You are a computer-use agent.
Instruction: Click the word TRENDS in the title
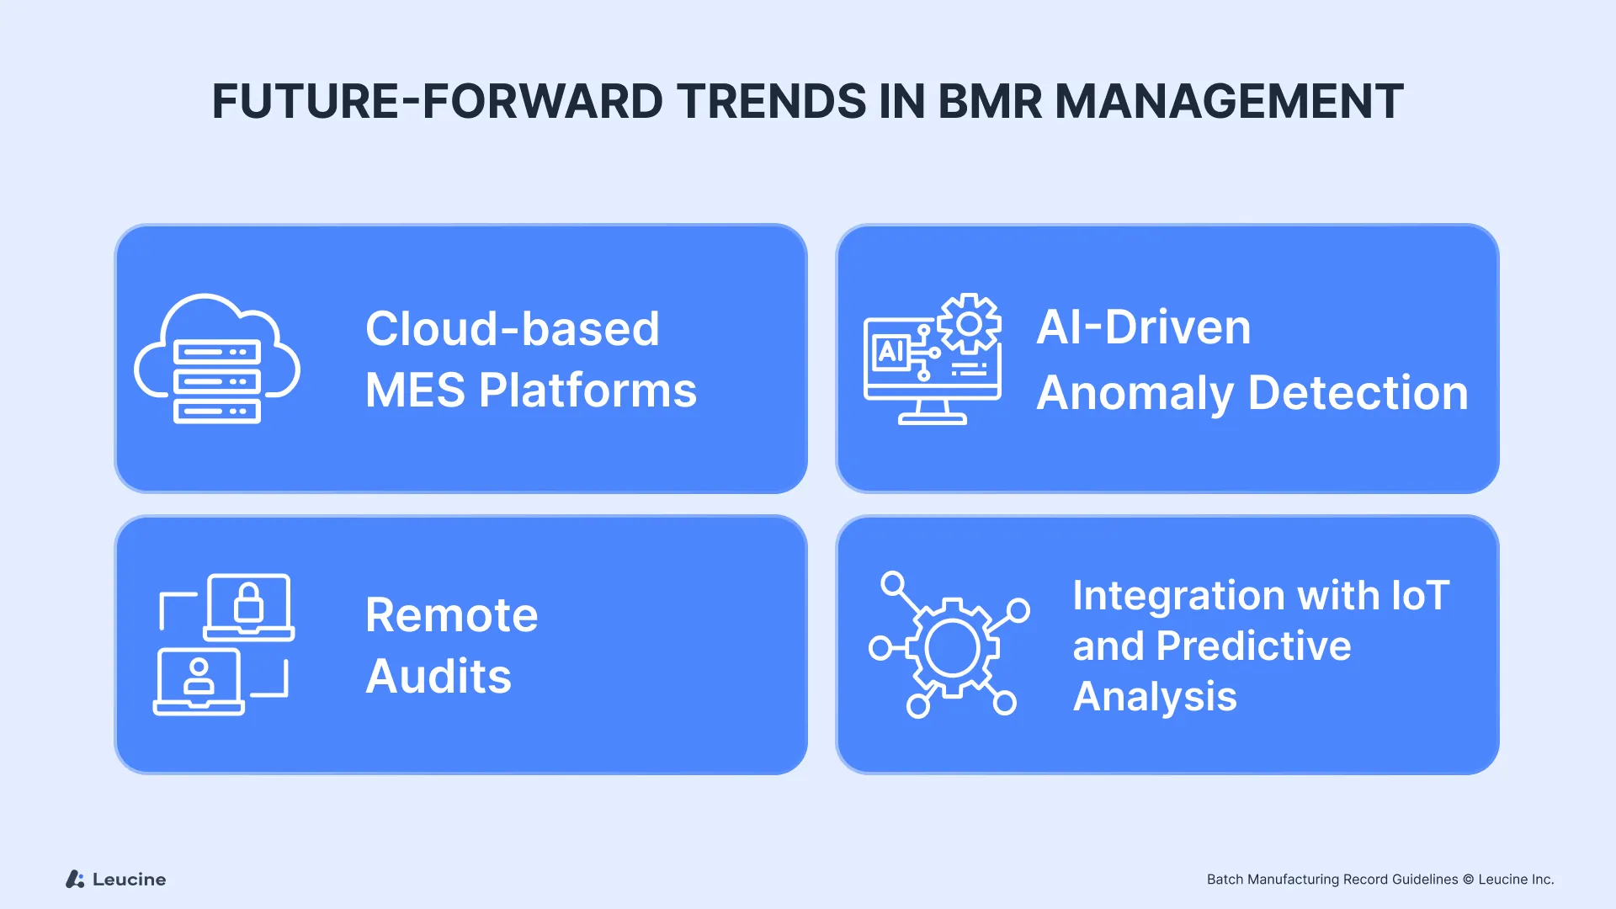coord(772,102)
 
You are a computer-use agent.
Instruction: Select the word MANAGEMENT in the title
coord(1229,102)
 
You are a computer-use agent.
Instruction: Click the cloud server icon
coord(217,359)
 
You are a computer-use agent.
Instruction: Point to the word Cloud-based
coord(512,328)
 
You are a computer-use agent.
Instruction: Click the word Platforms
coord(587,391)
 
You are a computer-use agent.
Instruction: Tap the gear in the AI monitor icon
coord(970,323)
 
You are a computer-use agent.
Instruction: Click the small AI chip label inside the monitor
coord(890,351)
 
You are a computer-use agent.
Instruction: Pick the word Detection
coord(1358,393)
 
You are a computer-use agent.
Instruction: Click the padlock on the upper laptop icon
coord(248,603)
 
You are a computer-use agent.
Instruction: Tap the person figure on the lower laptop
coord(199,677)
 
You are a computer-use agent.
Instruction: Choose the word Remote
coord(451,615)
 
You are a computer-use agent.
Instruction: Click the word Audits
coord(439,677)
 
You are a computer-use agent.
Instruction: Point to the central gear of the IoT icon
coord(952,648)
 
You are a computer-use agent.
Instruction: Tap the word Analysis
coord(1155,697)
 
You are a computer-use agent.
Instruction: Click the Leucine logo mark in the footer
coord(75,880)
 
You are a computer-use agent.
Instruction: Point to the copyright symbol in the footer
coord(1468,880)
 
